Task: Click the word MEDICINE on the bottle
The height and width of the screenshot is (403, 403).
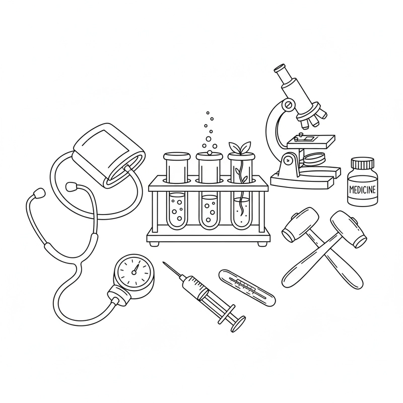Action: click(x=363, y=189)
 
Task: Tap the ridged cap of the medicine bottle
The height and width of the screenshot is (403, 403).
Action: click(x=363, y=163)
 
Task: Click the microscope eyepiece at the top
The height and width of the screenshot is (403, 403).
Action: click(x=280, y=69)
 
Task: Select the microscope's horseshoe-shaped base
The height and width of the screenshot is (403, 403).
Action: click(x=306, y=177)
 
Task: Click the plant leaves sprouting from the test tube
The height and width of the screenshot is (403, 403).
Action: click(x=240, y=147)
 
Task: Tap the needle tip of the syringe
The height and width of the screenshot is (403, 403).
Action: click(x=164, y=263)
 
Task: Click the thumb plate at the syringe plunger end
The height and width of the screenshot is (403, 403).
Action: click(x=238, y=324)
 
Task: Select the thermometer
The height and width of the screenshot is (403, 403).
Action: click(x=247, y=288)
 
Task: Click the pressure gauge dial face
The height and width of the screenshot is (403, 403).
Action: click(x=134, y=272)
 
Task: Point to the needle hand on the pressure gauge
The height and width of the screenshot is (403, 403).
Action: click(x=136, y=268)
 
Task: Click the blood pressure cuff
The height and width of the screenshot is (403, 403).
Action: click(x=109, y=156)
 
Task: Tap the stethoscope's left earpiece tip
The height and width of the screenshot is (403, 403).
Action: click(x=39, y=193)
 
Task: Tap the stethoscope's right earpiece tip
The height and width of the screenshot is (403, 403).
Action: click(x=72, y=186)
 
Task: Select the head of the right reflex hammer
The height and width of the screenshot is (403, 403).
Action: click(x=348, y=229)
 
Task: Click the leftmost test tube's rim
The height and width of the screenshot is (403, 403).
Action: click(x=177, y=156)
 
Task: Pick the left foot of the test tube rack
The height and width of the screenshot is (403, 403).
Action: click(x=155, y=244)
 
